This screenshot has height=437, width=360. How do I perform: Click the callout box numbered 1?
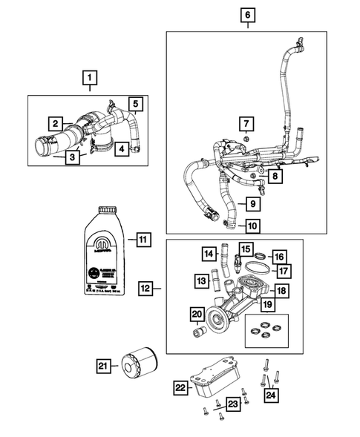tap(89, 77)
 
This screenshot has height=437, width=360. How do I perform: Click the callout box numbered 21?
tap(104, 365)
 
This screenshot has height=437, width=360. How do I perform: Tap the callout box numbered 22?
tap(180, 387)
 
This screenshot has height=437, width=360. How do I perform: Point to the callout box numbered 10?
tap(252, 226)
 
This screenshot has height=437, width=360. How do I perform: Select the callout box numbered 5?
tap(137, 103)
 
